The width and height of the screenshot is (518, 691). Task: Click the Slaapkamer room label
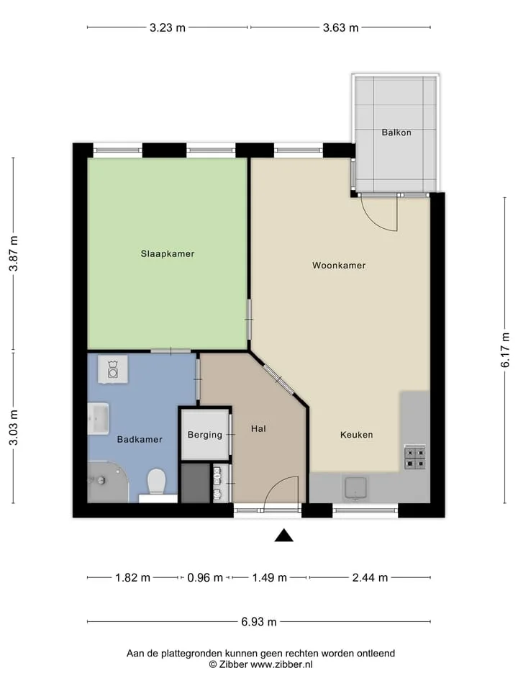click(168, 254)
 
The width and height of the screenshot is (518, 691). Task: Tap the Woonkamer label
click(339, 266)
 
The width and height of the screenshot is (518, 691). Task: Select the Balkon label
click(396, 132)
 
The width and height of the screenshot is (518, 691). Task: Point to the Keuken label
click(356, 435)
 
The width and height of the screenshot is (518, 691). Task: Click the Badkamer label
click(140, 439)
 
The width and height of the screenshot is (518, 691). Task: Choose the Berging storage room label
click(205, 435)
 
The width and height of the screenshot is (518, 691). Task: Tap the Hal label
click(258, 428)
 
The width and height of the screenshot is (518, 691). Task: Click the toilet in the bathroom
click(156, 482)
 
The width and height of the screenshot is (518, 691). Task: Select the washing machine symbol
click(113, 369)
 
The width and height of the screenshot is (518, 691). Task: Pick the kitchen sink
click(356, 488)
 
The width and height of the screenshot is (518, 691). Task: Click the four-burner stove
click(415, 458)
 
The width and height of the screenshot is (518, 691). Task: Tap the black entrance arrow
click(284, 535)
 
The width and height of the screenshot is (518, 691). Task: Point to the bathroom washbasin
click(99, 418)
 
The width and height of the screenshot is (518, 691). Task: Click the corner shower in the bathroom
click(108, 482)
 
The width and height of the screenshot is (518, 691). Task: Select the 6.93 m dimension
click(259, 622)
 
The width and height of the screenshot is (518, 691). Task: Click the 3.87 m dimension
click(14, 254)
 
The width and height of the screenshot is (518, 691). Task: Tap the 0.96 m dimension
click(205, 577)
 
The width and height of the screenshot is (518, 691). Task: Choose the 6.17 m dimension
click(505, 350)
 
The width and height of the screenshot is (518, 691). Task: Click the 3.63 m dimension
click(340, 28)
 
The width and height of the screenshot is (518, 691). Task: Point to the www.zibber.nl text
click(281, 664)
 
